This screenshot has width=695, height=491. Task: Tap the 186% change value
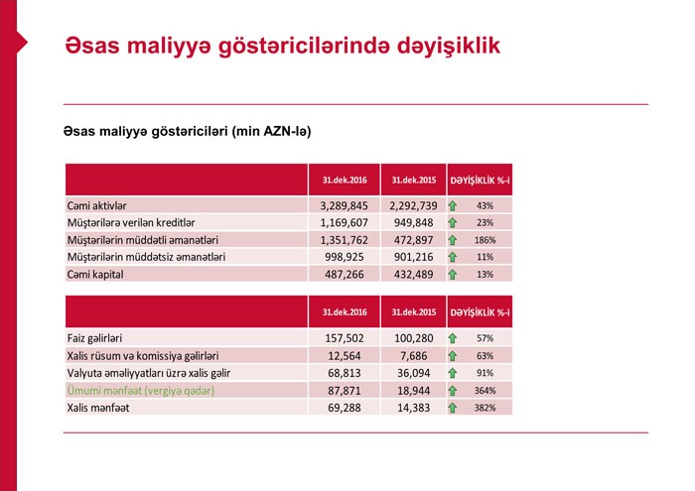(485, 239)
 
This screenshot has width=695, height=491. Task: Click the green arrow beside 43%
(453, 205)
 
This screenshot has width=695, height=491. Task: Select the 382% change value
(485, 408)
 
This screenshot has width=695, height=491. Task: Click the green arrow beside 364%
(453, 391)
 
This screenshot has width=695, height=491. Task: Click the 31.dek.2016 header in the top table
(345, 180)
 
